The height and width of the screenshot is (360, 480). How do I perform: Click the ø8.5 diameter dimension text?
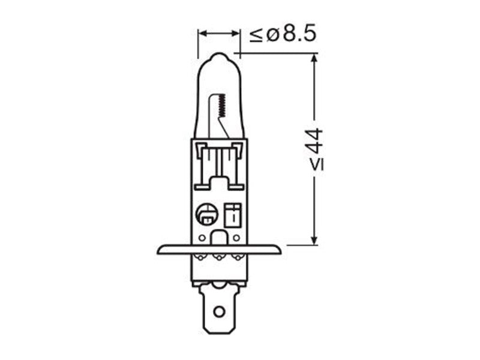291,34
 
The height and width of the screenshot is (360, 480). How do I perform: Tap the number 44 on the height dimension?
316,142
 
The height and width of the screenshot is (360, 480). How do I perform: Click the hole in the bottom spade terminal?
219,312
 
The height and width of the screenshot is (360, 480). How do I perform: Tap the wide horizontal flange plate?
219,250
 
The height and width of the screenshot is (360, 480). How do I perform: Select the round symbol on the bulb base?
207,214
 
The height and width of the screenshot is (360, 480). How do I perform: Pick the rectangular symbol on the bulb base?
233,215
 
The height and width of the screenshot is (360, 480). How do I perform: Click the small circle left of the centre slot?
202,238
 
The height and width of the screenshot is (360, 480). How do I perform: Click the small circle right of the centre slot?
236,238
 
